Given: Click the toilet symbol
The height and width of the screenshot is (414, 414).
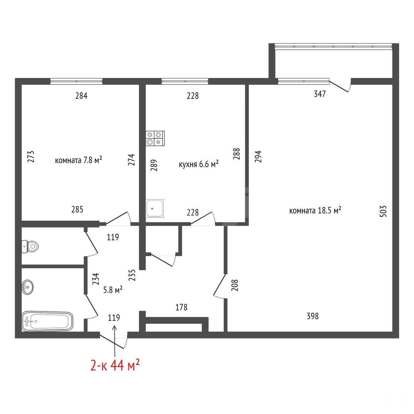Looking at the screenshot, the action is [30, 246].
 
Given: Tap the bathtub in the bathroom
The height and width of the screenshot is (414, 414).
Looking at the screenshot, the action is [48, 321].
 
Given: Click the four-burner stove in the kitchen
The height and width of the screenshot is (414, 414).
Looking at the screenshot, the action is [155, 138].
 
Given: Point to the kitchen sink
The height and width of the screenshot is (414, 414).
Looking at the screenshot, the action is [155, 208].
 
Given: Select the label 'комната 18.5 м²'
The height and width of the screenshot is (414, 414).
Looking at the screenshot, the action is [315, 210].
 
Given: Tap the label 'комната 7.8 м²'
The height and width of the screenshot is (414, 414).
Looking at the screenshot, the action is [78, 160].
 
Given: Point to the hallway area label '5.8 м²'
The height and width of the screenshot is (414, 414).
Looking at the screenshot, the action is [113, 290].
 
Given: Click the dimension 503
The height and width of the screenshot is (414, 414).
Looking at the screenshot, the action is [383, 211].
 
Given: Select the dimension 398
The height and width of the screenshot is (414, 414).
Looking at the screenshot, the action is [312, 316].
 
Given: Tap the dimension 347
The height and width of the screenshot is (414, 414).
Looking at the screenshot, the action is [320, 94].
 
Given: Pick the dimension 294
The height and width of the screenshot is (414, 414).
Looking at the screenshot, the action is [258, 156].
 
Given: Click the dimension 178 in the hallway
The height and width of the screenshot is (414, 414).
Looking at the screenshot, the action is [181, 307].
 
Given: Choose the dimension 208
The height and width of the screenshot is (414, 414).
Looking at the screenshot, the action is [235, 285].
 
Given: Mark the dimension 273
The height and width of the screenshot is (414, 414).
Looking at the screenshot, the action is [31, 156].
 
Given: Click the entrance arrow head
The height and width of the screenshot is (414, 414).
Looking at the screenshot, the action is [115, 327].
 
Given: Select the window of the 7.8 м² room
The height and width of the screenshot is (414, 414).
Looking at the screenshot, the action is [77, 81].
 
